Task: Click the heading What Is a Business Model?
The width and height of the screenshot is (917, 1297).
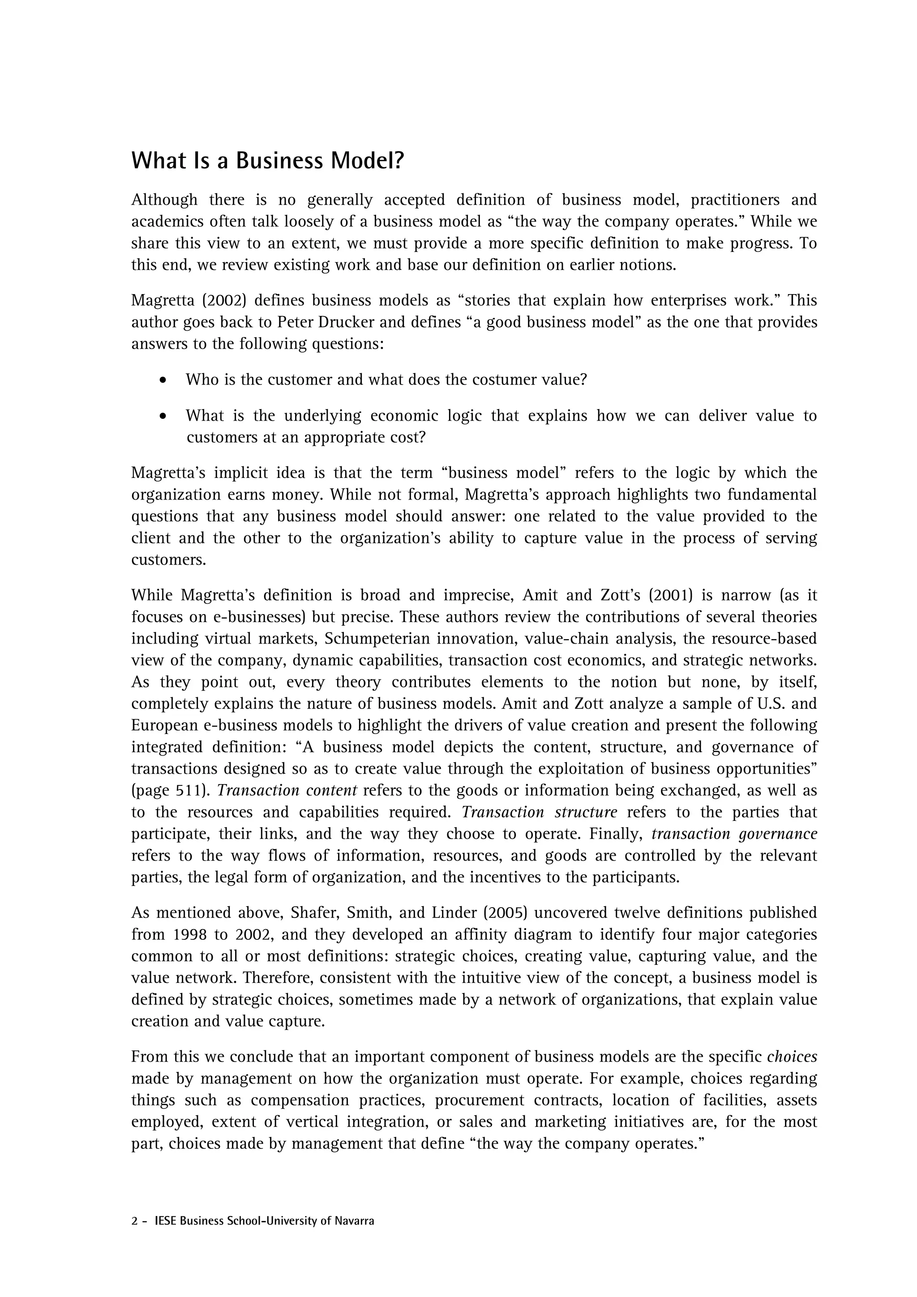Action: [x=268, y=161]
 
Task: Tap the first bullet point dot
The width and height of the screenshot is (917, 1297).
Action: [x=163, y=380]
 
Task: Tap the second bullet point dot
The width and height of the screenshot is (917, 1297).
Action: [x=163, y=416]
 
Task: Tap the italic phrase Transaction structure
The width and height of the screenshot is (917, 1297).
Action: [x=539, y=812]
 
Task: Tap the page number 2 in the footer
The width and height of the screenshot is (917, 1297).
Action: [x=134, y=1221]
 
